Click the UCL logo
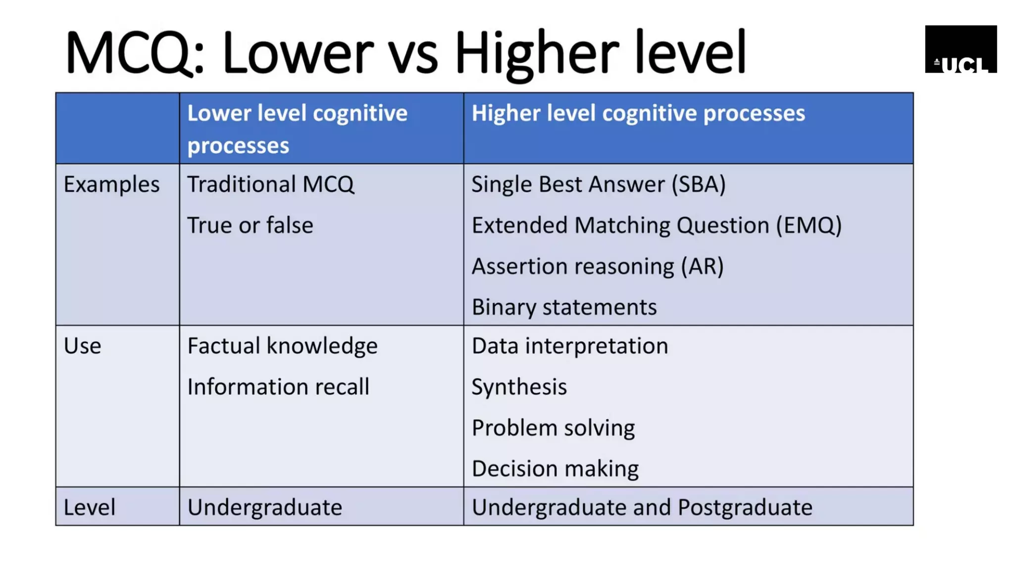(x=961, y=49)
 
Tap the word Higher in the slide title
(x=537, y=52)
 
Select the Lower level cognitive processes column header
(x=297, y=129)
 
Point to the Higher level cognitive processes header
(x=638, y=113)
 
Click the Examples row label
(x=111, y=185)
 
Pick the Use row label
(x=82, y=346)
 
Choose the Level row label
(x=89, y=507)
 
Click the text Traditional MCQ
(x=270, y=185)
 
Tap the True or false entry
(x=250, y=226)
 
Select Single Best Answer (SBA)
(x=598, y=185)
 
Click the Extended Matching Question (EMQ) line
(x=656, y=226)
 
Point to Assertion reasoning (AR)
(x=597, y=267)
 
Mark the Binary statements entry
(x=564, y=307)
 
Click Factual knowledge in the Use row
(x=282, y=346)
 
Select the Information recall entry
(x=278, y=387)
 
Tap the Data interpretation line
(x=569, y=346)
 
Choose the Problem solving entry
(x=553, y=428)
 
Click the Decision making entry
(x=555, y=469)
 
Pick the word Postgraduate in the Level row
(x=745, y=507)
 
